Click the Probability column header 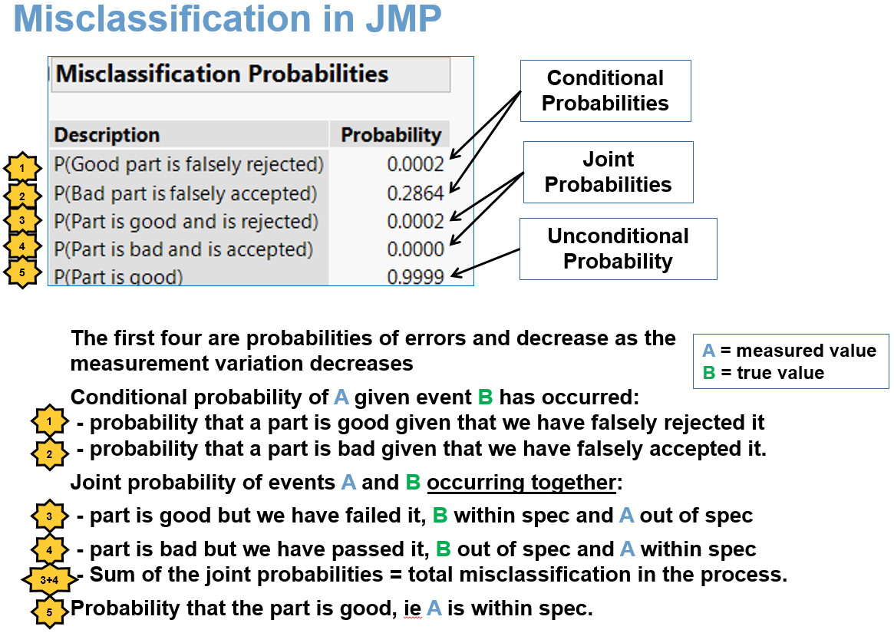tap(391, 135)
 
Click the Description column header tap(107, 135)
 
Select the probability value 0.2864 tap(416, 193)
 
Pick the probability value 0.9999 tap(416, 277)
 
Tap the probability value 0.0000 tap(416, 249)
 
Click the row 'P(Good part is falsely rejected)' tap(189, 164)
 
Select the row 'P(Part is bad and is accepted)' tap(183, 249)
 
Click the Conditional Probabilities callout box tap(605, 91)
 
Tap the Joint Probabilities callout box tap(608, 172)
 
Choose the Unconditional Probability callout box tap(618, 249)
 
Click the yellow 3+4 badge tap(47, 581)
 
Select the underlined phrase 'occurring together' tap(522, 483)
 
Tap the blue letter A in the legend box tap(708, 351)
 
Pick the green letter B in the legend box tap(708, 374)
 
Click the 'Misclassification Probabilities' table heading tap(223, 74)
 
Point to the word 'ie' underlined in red tap(412, 609)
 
